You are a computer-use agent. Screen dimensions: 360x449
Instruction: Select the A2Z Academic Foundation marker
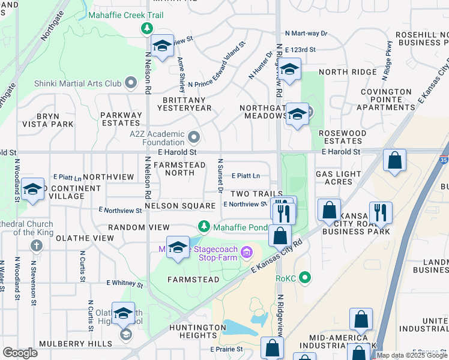(194, 138)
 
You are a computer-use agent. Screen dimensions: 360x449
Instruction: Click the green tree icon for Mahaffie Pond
(204, 226)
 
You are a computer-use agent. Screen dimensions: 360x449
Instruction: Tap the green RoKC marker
(306, 278)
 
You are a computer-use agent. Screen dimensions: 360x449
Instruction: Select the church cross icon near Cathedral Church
(36, 246)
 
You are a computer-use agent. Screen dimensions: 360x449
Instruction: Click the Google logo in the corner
(20, 353)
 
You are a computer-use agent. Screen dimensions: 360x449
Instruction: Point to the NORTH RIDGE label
(348, 72)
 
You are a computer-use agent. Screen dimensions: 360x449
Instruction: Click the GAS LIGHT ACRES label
(334, 178)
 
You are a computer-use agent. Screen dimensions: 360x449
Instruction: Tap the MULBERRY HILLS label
(76, 344)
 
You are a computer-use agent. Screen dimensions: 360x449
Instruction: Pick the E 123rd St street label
(304, 50)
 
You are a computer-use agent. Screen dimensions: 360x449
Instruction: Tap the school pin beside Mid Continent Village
(32, 190)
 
